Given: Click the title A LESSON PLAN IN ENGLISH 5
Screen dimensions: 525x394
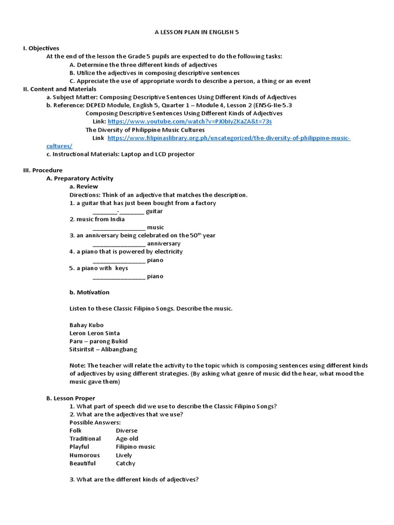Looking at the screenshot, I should pyautogui.click(x=197, y=32).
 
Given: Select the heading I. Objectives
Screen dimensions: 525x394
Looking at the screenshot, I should pyautogui.click(x=41, y=48).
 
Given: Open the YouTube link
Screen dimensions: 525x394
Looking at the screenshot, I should pyautogui.click(x=190, y=122).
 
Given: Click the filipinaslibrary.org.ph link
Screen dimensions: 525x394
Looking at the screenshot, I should pyautogui.click(x=229, y=138).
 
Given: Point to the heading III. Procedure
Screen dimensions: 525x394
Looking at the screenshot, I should pyautogui.click(x=43, y=170).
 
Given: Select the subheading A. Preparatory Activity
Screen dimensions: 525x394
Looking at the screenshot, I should pyautogui.click(x=80, y=178).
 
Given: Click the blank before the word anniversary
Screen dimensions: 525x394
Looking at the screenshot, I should pyautogui.click(x=119, y=244).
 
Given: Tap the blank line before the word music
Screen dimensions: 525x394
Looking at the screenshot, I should pyautogui.click(x=119, y=227).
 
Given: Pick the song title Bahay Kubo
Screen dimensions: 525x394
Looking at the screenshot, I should pyautogui.click(x=86, y=325).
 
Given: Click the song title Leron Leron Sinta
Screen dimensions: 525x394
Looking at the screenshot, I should pyautogui.click(x=94, y=333).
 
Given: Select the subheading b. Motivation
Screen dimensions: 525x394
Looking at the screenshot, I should pyautogui.click(x=89, y=292).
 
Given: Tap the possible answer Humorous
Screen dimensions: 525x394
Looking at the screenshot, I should pyautogui.click(x=85, y=455).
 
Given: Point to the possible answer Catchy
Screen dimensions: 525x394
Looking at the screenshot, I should pyautogui.click(x=126, y=463).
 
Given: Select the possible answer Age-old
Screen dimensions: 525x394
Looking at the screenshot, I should pyautogui.click(x=127, y=439).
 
